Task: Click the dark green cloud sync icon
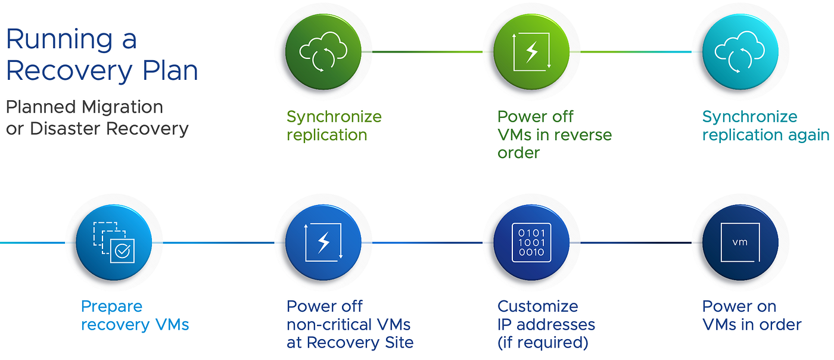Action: pos(323,51)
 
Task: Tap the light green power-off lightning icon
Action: pos(531,51)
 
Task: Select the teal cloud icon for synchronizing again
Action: pos(740,51)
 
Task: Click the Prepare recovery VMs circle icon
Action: pos(114,242)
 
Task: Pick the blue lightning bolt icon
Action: pos(323,242)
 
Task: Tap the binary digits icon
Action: pos(531,242)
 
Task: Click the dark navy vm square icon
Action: pos(740,242)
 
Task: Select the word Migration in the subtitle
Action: pos(122,107)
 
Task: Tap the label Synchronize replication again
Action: pos(765,126)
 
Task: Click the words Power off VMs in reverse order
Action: pos(554,135)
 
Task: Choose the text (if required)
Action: pos(543,343)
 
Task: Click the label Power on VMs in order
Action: pos(751,315)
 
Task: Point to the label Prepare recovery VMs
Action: pos(135,315)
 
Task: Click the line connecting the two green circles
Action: pos(427,52)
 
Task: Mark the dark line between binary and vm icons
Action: pos(636,243)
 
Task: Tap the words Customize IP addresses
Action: pos(546,315)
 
